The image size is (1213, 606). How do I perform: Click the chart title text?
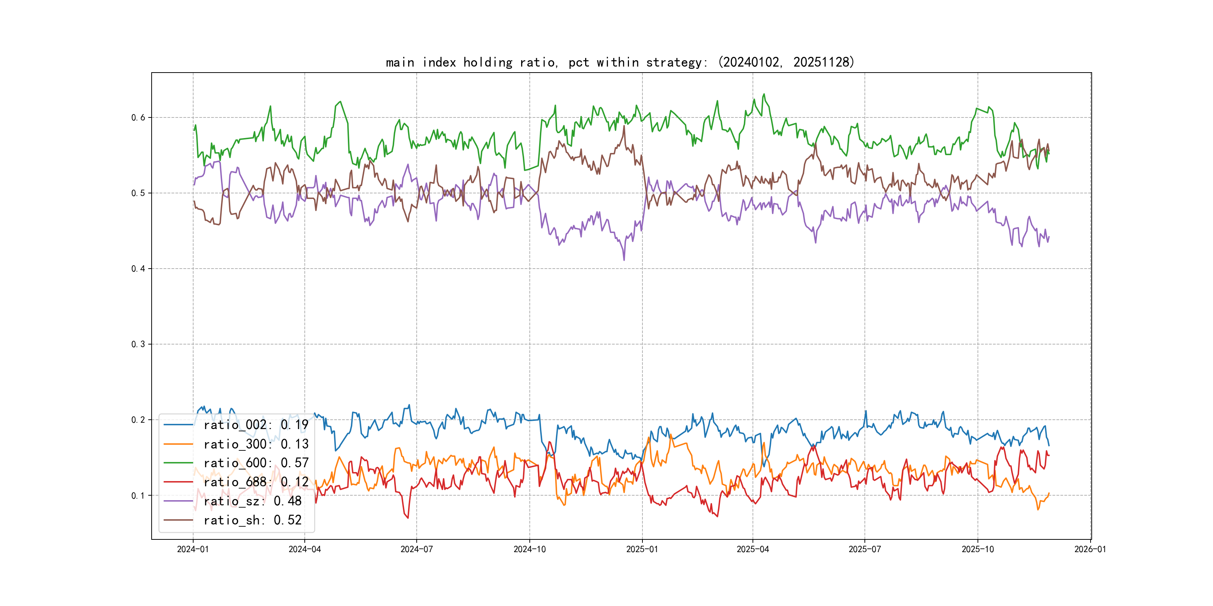pos(620,62)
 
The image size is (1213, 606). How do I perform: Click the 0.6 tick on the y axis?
pos(138,117)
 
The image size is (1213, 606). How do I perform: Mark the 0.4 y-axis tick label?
pos(138,269)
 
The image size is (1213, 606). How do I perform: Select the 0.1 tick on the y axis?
pos(138,495)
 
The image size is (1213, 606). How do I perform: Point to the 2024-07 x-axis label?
pos(416,549)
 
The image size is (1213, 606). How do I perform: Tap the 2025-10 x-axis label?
pos(978,549)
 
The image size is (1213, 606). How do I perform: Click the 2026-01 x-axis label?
pos(1090,549)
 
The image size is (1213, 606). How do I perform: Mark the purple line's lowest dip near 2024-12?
pos(624,260)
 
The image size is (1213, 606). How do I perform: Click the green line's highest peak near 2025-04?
pos(764,94)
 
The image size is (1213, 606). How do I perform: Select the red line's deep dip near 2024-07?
pos(408,518)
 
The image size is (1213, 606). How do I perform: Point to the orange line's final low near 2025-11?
pos(1038,509)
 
